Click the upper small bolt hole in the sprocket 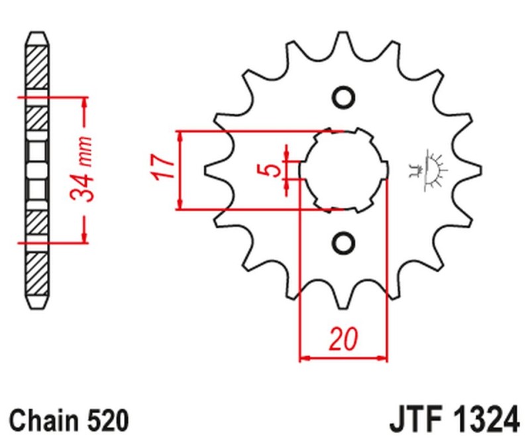pos(343,97)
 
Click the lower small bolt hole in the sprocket pos(343,242)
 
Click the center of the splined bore pos(343,170)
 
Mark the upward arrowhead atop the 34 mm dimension pos(84,101)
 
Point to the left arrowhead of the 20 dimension pos(305,359)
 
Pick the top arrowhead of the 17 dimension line pos(180,136)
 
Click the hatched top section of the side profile pos(38,66)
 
